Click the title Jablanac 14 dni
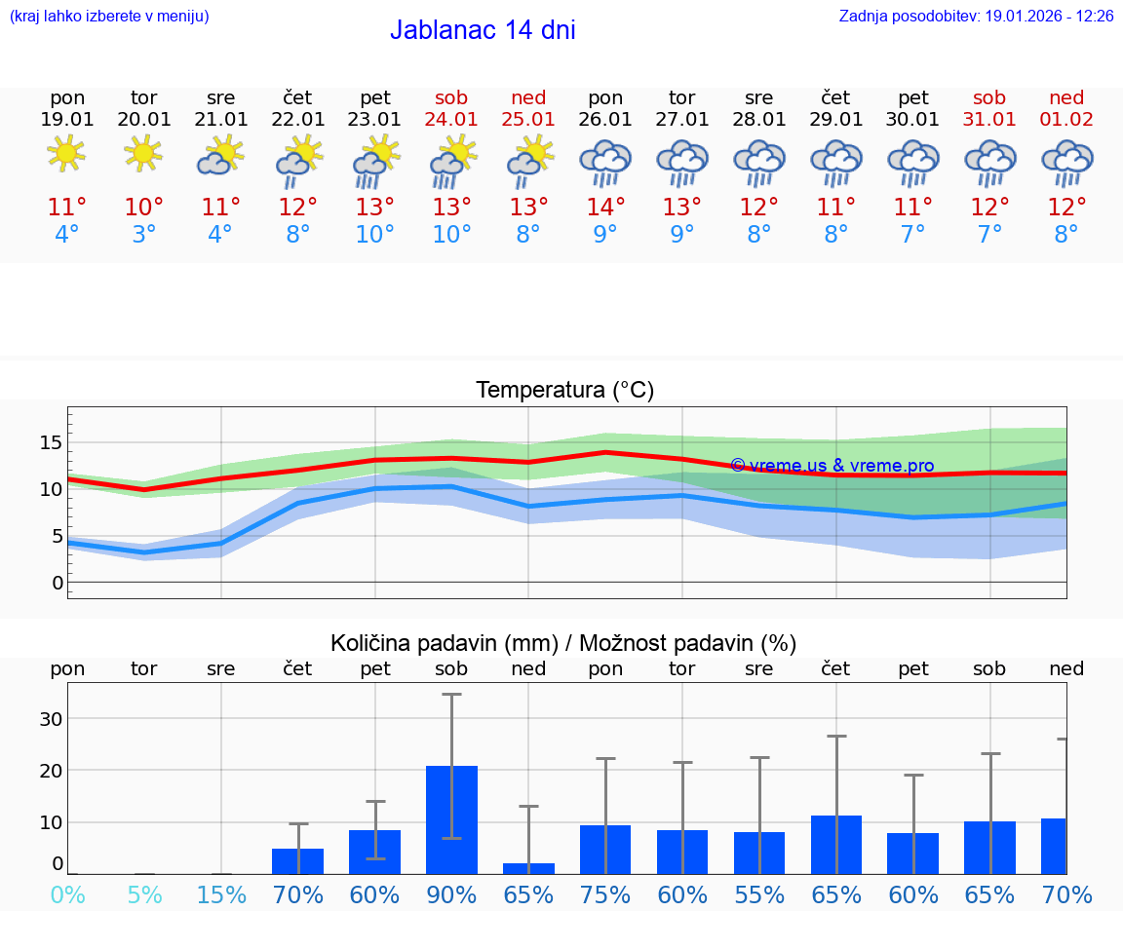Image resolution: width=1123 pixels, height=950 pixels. pyautogui.click(x=483, y=30)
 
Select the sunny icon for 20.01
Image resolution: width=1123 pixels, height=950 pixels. pyautogui.click(x=144, y=153)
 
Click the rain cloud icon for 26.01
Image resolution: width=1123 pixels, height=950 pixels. pyautogui.click(x=605, y=163)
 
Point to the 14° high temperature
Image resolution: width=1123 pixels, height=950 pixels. pyautogui.click(x=605, y=208)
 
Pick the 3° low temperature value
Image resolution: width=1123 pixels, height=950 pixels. pyautogui.click(x=144, y=235)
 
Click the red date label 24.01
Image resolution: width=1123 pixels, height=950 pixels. pyautogui.click(x=451, y=120)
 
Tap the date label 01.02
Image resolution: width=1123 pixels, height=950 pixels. pyautogui.click(x=1066, y=120)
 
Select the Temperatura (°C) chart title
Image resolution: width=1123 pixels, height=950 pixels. pyautogui.click(x=564, y=391)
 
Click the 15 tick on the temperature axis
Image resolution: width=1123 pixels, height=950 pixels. pyautogui.click(x=51, y=442)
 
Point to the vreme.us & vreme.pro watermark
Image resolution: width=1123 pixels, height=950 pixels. pyautogui.click(x=832, y=466)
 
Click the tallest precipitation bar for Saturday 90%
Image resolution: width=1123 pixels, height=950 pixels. pyautogui.click(x=451, y=819)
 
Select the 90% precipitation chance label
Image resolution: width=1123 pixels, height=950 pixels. pyautogui.click(x=451, y=894)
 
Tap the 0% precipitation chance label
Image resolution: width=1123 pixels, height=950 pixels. pyautogui.click(x=67, y=894)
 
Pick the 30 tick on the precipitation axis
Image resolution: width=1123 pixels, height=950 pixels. pyautogui.click(x=51, y=719)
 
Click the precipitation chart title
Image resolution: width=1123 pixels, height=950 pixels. pyautogui.click(x=563, y=643)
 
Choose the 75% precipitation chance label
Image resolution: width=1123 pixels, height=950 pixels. pyautogui.click(x=605, y=894)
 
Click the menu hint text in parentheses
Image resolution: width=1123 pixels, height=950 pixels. pyautogui.click(x=108, y=17)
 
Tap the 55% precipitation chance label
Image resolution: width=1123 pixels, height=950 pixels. pyautogui.click(x=759, y=894)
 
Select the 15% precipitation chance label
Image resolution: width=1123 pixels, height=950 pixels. pyautogui.click(x=221, y=894)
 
